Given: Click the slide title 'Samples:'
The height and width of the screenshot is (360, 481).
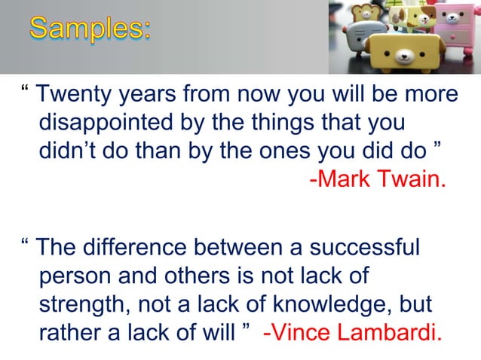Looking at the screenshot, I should tap(90, 30).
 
